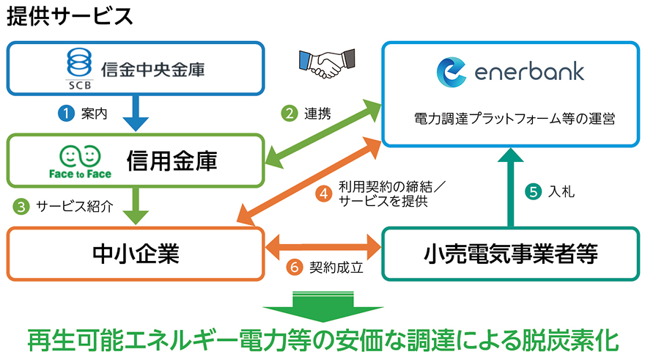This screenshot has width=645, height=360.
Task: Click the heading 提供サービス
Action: pyautogui.click(x=70, y=16)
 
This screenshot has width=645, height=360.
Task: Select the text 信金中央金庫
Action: pyautogui.click(x=152, y=70)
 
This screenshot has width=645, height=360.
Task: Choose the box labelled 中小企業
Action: pyautogui.click(x=136, y=254)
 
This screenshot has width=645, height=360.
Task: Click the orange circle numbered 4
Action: pyautogui.click(x=323, y=194)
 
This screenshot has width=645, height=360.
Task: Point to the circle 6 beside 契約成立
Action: pyautogui.click(x=295, y=268)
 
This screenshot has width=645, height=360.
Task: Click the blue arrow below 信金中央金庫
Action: pyautogui.click(x=136, y=114)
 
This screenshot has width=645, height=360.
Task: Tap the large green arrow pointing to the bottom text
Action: pyautogui.click(x=322, y=306)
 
